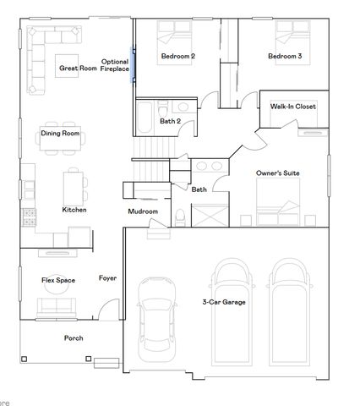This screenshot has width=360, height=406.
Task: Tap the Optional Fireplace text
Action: point(115,65)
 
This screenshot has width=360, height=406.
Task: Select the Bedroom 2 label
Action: point(177,57)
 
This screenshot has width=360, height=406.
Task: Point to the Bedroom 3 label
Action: point(285,57)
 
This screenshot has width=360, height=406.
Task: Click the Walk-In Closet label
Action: point(293,107)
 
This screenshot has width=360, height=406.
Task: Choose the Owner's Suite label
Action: point(278,173)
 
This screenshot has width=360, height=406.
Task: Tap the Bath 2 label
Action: point(170,121)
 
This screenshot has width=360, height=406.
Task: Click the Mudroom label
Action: point(143,211)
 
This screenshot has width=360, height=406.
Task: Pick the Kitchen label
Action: point(74,209)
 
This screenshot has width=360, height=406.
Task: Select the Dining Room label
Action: point(60,133)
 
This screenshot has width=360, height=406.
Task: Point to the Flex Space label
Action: point(59,279)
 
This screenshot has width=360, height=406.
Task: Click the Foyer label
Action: point(107,278)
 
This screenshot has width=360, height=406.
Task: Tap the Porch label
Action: point(74,337)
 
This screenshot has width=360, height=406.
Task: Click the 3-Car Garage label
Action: point(223,301)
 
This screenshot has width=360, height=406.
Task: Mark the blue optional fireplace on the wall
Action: point(132,66)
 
